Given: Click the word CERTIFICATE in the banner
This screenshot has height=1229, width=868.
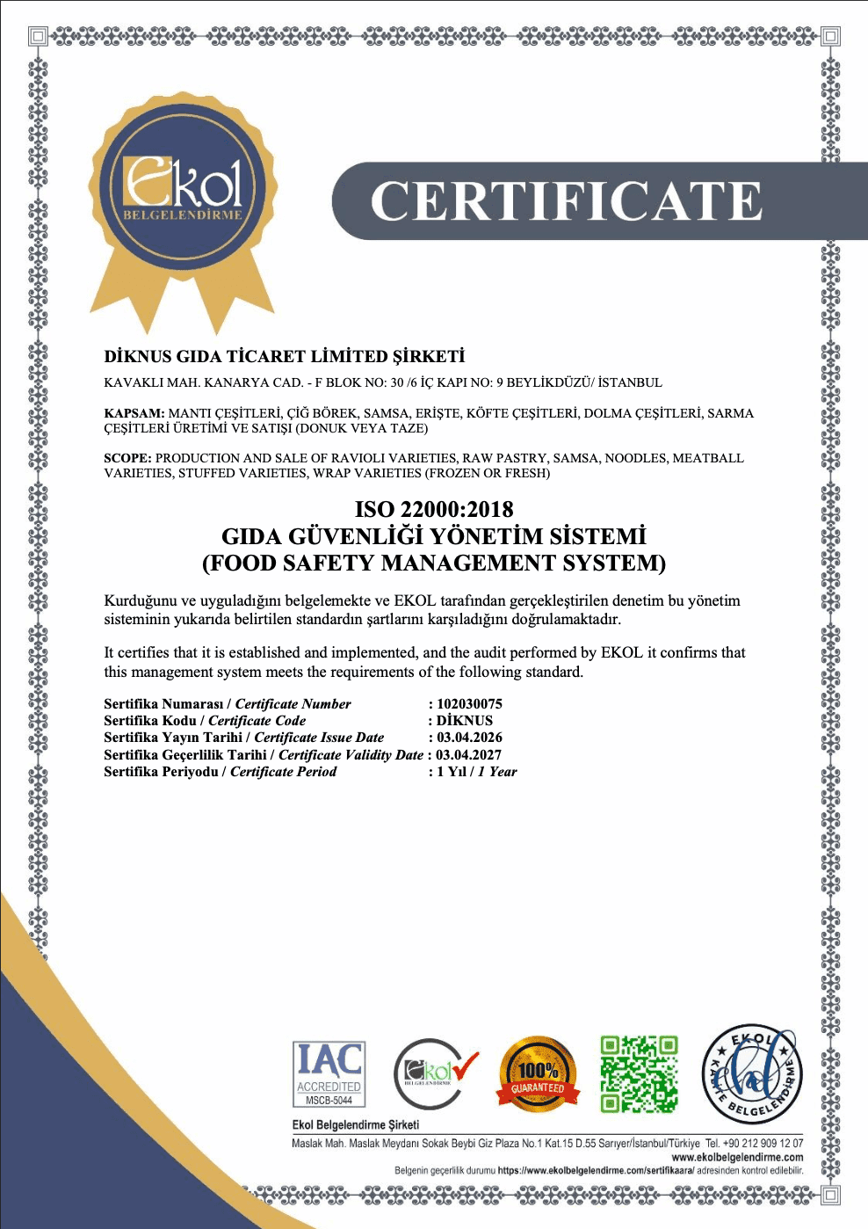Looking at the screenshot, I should (567, 201).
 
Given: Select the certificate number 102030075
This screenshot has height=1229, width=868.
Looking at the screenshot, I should (470, 703).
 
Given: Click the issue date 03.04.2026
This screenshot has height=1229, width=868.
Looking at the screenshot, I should (470, 738).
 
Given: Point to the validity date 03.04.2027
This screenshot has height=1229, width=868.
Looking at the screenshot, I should (469, 754).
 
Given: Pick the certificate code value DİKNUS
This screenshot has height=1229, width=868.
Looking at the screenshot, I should (465, 720).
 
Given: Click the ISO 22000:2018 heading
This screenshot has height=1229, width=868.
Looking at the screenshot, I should (434, 509).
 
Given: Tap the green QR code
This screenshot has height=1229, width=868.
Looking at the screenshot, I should (640, 1074).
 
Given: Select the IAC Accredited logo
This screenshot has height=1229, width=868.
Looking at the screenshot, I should (329, 1073).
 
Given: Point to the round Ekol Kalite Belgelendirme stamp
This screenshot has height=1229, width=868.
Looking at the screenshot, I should (752, 1074).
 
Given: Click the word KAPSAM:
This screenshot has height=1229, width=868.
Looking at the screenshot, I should (134, 413).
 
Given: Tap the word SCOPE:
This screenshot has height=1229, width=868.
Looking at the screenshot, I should (128, 458).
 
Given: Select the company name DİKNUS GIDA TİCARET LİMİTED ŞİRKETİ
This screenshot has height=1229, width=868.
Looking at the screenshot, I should (285, 356).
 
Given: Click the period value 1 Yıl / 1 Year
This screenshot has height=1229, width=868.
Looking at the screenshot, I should (477, 771).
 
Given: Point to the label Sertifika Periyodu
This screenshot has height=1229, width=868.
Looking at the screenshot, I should (161, 771).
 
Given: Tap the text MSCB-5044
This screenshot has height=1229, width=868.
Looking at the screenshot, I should (329, 1100).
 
